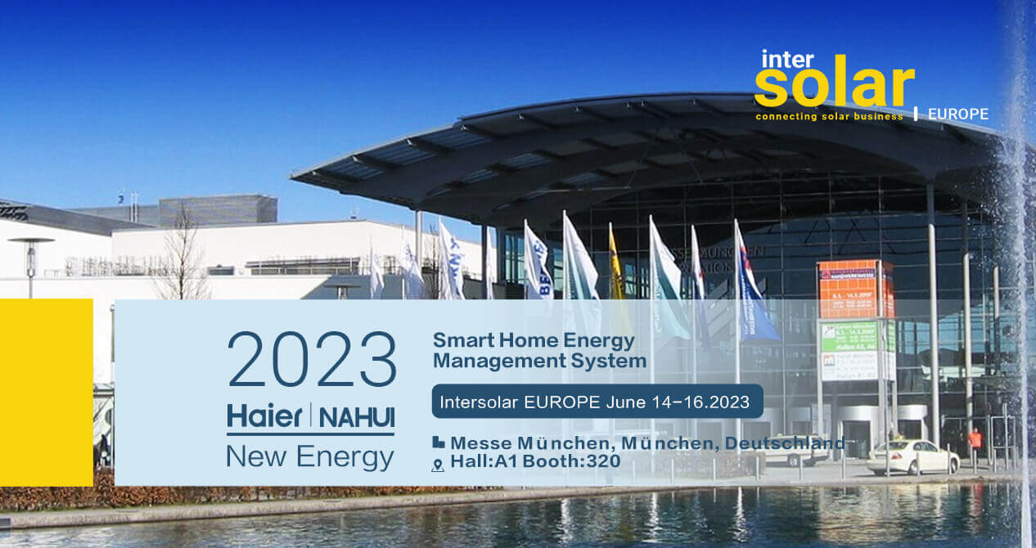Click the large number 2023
[x=312, y=361]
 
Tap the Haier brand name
[x=264, y=415]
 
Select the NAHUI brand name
[x=355, y=416]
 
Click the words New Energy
[x=309, y=456]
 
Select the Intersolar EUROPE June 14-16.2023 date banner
[x=597, y=402]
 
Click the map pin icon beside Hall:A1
[x=438, y=464]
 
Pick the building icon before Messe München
[x=439, y=442]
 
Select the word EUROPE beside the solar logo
[x=957, y=115]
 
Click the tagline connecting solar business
[x=829, y=116]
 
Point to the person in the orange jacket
[x=975, y=442]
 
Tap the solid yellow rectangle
[x=46, y=393]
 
